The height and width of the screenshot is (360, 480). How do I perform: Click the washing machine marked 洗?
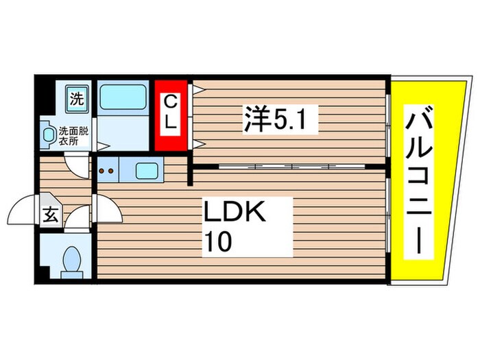[x=76, y=98]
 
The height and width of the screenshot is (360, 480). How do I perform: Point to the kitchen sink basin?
[x=147, y=170]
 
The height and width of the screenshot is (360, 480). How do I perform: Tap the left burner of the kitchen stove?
[x=101, y=169]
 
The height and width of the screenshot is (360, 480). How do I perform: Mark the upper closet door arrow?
[x=197, y=89]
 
